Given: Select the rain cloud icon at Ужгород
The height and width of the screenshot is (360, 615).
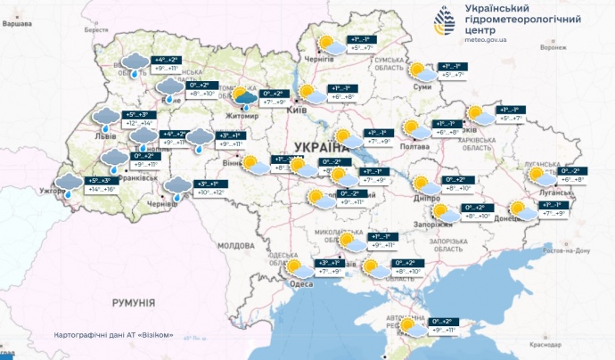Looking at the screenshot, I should pos(68,184).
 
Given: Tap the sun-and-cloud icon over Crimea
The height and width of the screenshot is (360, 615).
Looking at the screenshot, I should pos(413,327).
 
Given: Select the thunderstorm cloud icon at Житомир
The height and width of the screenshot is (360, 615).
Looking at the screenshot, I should pos(243,99).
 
